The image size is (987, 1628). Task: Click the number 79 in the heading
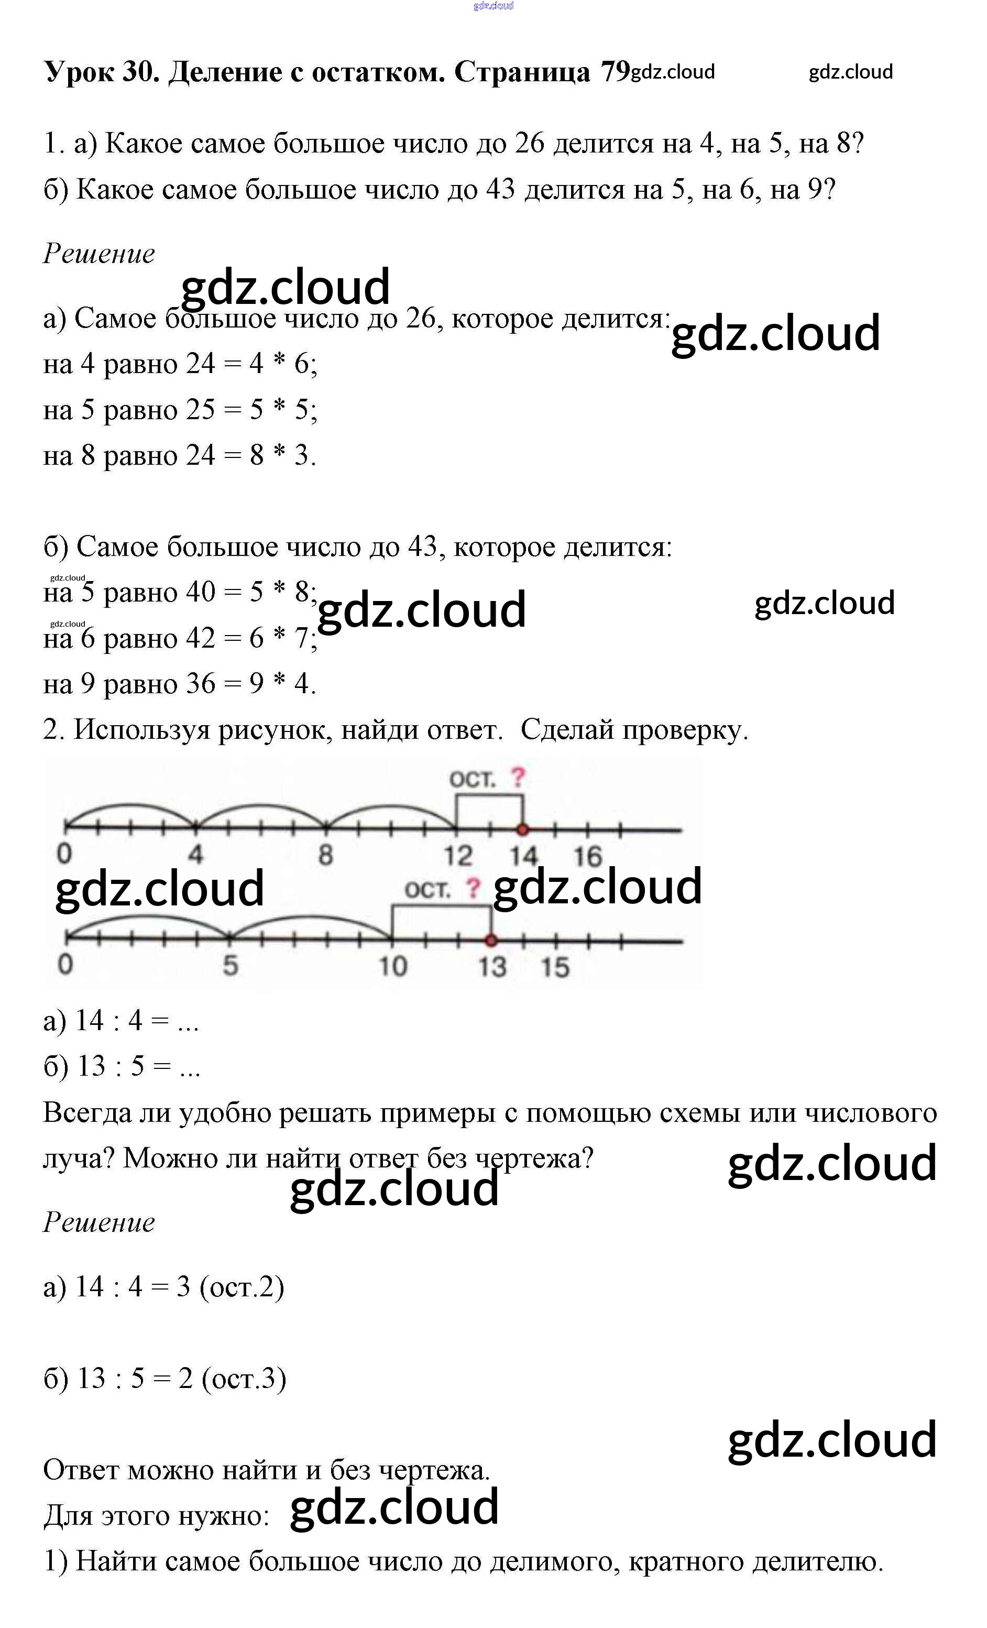[615, 71]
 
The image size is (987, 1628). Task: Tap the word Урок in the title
[79, 71]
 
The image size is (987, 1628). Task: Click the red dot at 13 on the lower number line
[491, 940]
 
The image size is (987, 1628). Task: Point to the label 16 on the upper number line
[587, 856]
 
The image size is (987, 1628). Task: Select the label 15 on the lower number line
[555, 967]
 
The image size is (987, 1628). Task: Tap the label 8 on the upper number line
[326, 855]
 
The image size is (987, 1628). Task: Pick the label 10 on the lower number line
[392, 967]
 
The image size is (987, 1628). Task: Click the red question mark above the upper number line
[518, 777]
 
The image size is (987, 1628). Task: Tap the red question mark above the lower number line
[473, 888]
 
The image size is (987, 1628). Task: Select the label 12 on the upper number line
[458, 856]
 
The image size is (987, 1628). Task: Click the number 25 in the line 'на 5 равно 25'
[200, 410]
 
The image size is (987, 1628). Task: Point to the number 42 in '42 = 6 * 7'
[200, 638]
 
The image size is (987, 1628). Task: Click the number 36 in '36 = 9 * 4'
[200, 684]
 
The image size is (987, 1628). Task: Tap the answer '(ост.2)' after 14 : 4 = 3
[242, 1286]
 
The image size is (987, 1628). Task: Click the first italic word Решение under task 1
[99, 254]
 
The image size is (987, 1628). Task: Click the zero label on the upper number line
[64, 854]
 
